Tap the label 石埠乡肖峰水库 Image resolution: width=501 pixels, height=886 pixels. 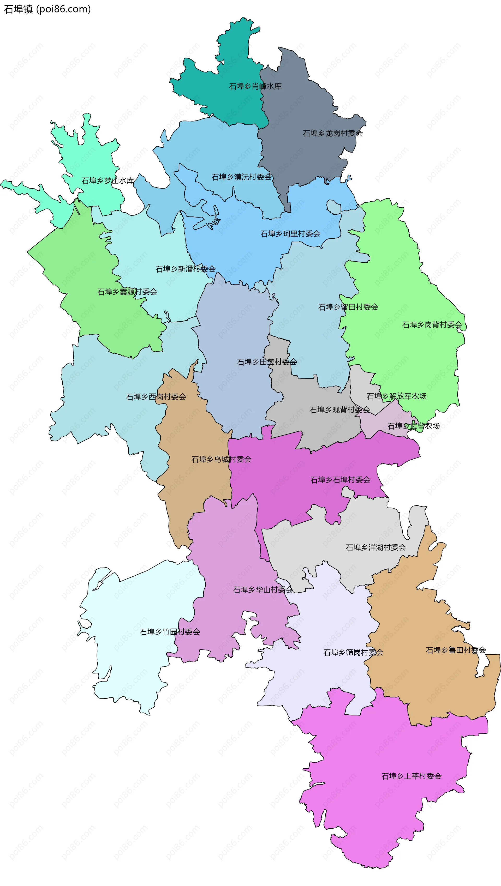coord(255,86)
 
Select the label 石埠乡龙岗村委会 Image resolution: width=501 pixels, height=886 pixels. coord(333,134)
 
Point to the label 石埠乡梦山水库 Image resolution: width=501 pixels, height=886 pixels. coord(108,180)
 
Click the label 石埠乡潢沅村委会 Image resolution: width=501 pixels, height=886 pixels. coord(242,177)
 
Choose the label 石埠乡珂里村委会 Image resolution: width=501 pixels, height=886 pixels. coord(290,234)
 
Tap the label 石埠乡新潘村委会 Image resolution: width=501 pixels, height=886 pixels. coord(186,269)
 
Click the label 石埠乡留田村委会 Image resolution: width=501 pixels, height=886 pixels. coord(348,307)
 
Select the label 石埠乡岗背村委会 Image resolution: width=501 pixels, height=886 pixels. coord(432,325)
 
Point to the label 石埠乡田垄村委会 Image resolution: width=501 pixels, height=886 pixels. coord(267,362)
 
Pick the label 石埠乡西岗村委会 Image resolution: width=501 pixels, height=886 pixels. coord(156,397)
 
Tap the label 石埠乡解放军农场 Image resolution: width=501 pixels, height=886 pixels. coord(397,396)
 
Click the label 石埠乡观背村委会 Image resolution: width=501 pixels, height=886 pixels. coord(340,410)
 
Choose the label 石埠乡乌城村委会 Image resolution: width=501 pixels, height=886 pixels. coord(221,460)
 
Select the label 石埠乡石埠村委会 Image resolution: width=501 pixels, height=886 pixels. coord(340,480)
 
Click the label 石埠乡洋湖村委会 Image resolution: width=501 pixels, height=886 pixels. coord(376,547)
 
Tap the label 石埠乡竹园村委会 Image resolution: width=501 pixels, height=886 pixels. coord(170,632)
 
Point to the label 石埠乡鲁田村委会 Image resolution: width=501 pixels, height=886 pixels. coord(456,650)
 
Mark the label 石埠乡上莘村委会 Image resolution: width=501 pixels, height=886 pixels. coord(411,776)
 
